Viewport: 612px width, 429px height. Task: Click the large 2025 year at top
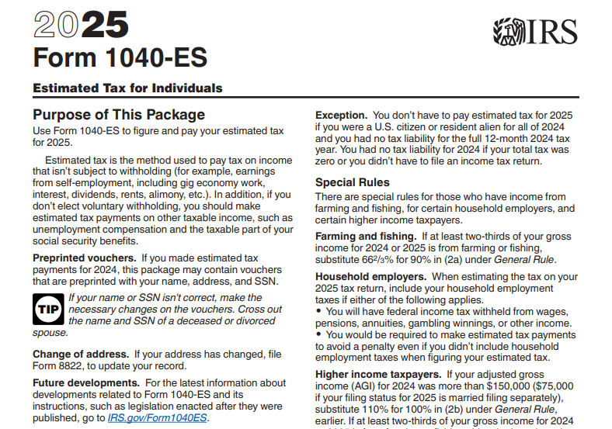click(x=81, y=26)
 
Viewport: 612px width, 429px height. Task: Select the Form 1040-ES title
click(x=120, y=58)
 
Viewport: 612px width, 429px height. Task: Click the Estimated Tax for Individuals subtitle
click(x=127, y=88)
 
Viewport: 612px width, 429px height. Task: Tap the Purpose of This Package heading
click(x=119, y=115)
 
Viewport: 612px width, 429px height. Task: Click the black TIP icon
click(x=48, y=310)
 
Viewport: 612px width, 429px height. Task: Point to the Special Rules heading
click(x=352, y=182)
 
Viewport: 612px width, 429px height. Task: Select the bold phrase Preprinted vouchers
click(x=84, y=258)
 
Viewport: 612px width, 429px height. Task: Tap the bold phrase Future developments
click(x=85, y=382)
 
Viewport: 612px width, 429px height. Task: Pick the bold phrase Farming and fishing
click(x=365, y=236)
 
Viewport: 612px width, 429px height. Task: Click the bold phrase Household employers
click(x=370, y=276)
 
